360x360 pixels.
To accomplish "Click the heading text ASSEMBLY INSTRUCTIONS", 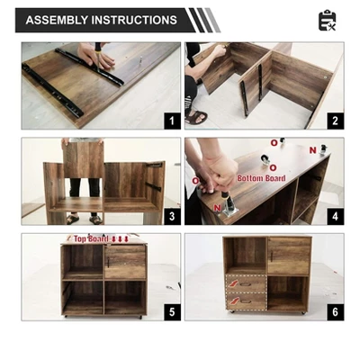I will [x=101, y=20].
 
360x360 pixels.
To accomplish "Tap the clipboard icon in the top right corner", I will [x=327, y=20].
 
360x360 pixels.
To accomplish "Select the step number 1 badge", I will [x=168, y=120].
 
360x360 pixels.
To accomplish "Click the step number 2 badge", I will [x=334, y=120].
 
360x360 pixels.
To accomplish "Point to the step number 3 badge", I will [x=168, y=216].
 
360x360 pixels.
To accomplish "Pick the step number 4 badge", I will [x=334, y=216].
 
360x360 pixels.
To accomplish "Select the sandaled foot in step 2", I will [x=196, y=116].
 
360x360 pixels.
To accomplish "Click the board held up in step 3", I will [x=85, y=159].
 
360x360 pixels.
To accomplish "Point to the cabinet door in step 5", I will [x=125, y=263].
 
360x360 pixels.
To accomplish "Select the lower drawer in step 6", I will [x=246, y=302].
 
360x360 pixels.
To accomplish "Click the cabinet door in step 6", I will [x=289, y=256].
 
